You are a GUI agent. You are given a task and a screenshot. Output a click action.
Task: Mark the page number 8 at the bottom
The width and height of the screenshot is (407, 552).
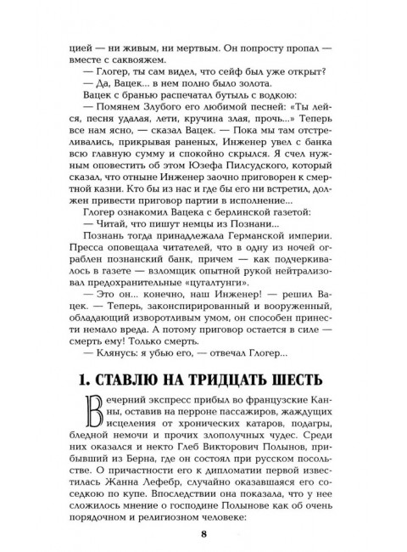tap(203, 532)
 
